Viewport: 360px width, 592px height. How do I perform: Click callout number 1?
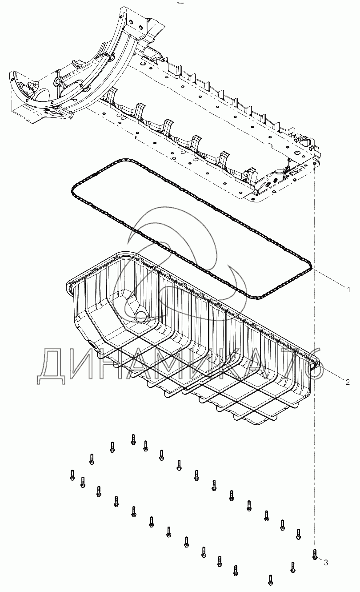pyautogui.click(x=349, y=290)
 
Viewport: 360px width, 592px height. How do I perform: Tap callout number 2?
pyautogui.click(x=348, y=382)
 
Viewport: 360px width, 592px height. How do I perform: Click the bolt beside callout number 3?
pyautogui.click(x=315, y=554)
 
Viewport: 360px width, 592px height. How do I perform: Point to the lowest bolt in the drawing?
pyautogui.click(x=270, y=579)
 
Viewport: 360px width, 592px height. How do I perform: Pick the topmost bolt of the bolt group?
pyautogui.click(x=133, y=439)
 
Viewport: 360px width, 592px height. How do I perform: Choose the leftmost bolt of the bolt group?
pyautogui.click(x=72, y=475)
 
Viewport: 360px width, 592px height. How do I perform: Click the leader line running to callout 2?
pyautogui.click(x=331, y=374)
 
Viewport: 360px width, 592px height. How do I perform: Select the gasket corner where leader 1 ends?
pyautogui.click(x=311, y=270)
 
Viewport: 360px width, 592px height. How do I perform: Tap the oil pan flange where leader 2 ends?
pyautogui.click(x=316, y=365)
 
